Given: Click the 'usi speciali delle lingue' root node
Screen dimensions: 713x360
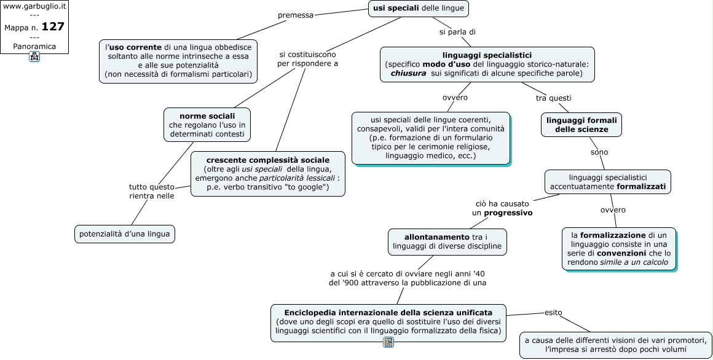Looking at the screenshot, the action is (x=419, y=9).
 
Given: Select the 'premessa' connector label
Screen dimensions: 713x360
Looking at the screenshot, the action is (x=296, y=15).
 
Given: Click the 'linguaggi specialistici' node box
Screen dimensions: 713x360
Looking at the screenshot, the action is (x=487, y=65).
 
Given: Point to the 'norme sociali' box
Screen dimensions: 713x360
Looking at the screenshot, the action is (x=207, y=125).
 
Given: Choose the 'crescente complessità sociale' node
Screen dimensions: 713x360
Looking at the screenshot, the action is (x=268, y=174).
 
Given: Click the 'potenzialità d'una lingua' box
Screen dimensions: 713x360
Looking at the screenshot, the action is (x=125, y=234).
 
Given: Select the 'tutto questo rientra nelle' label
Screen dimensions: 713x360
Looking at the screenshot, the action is (x=151, y=191).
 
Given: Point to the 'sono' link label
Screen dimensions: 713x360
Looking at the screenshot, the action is (x=599, y=152).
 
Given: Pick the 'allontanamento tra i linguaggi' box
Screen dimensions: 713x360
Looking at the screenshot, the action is (x=447, y=242).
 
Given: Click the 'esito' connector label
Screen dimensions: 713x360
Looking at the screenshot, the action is (x=553, y=313).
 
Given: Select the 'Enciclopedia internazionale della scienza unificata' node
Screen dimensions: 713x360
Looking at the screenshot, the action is (x=388, y=323).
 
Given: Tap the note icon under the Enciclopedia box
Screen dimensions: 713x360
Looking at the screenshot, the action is (x=388, y=342).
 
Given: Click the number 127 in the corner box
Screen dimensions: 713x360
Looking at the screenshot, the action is (x=53, y=27).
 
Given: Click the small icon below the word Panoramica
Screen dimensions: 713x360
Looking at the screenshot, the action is (x=34, y=57).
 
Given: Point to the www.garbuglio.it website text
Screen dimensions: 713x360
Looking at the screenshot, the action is (x=34, y=6).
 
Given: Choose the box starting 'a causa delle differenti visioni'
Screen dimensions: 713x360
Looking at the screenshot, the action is (x=616, y=345).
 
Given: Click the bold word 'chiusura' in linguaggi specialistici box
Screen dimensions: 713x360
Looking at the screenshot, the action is (x=408, y=73).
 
